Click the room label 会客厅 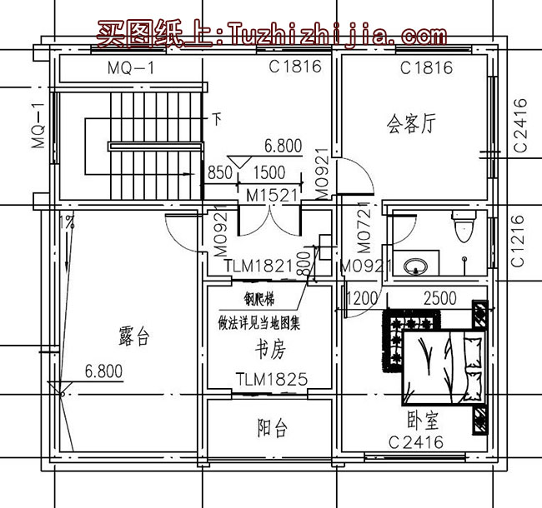click(x=412, y=123)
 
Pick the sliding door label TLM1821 click(x=259, y=266)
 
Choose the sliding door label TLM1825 click(x=272, y=379)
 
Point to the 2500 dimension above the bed click(x=440, y=297)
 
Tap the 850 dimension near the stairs click(x=219, y=173)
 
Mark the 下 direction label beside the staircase click(x=216, y=118)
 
